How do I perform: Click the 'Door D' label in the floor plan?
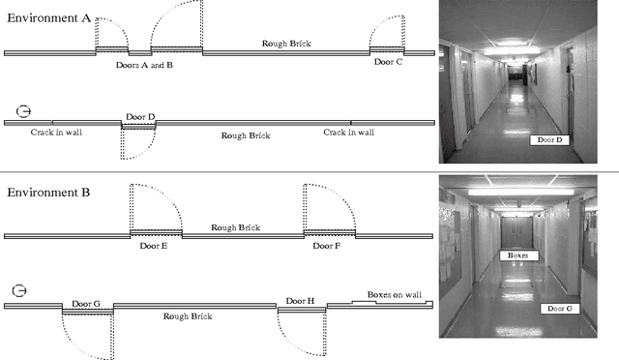coord(139,117)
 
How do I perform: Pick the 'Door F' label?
coord(327,246)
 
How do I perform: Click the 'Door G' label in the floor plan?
coord(86,303)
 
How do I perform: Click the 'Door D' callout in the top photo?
coord(549,140)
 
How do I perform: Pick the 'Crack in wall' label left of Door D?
coord(56,132)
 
